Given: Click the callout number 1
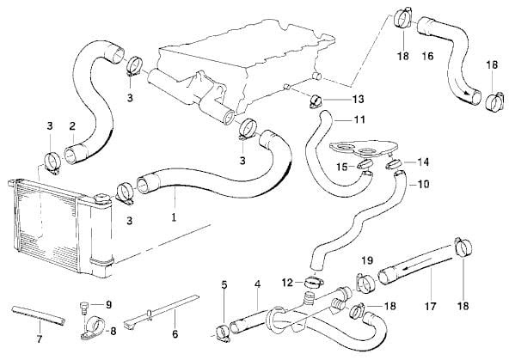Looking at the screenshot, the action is click(174, 217).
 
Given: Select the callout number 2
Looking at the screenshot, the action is click(72, 125).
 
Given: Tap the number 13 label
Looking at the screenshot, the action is click(358, 100).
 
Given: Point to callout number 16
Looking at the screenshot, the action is click(428, 56).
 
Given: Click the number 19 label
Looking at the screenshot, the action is click(367, 260).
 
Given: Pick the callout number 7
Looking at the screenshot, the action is click(39, 339).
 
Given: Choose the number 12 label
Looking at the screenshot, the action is click(287, 283).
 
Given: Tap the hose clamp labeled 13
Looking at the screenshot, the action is click(316, 101).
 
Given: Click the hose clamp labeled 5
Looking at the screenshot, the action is click(224, 334).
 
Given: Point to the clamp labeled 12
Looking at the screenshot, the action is click(314, 282).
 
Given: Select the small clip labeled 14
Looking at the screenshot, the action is click(393, 164).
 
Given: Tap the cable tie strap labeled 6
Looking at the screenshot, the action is click(162, 310).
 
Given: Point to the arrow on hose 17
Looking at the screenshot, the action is click(417, 264).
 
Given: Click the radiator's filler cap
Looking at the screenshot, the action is click(102, 198).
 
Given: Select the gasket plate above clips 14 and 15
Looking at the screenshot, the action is click(364, 149).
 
